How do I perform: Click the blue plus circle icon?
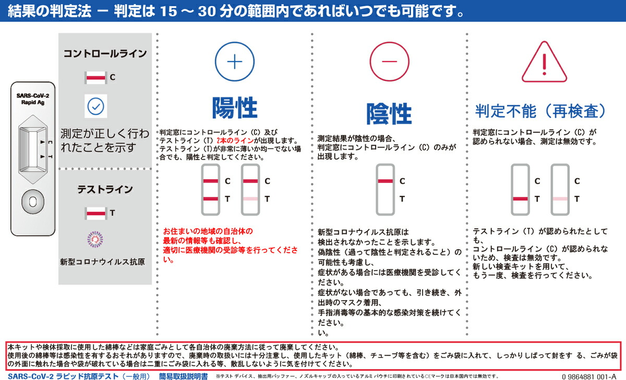pyautogui.click(x=235, y=61)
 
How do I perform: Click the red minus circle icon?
pyautogui.click(x=389, y=61)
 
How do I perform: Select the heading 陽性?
pyautogui.click(x=235, y=108)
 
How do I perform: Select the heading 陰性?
pyautogui.click(x=389, y=113)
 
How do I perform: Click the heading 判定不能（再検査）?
pyautogui.click(x=541, y=111)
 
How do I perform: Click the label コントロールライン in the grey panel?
pyautogui.click(x=105, y=54)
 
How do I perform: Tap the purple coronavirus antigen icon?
pyautogui.click(x=95, y=239)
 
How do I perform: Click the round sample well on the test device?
pyautogui.click(x=32, y=201)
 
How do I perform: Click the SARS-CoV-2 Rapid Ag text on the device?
pyautogui.click(x=32, y=99)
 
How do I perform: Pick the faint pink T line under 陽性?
pyautogui.click(x=250, y=199)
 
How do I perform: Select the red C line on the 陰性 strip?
pyautogui.click(x=385, y=181)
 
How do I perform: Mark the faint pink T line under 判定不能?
pyautogui.click(x=560, y=199)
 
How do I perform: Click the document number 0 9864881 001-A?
pyautogui.click(x=589, y=376)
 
